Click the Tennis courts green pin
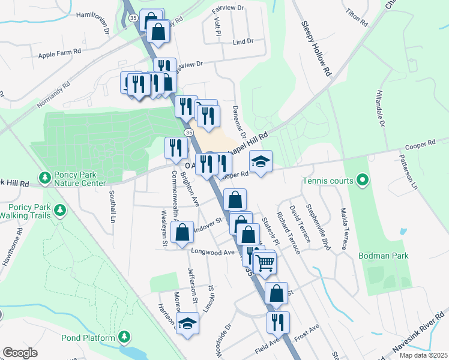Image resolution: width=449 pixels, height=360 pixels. click(x=362, y=179)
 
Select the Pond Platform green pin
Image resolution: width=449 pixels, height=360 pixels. click(x=124, y=337)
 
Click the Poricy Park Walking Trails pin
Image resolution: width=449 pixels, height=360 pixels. click(x=59, y=210)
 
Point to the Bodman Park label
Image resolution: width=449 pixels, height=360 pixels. click(x=383, y=256)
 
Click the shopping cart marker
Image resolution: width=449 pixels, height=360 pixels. click(x=264, y=262)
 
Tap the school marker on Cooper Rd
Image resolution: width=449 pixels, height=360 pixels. click(x=261, y=161)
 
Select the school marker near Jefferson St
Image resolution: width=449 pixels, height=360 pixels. click(x=188, y=323)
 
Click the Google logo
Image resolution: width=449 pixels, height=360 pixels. click(x=20, y=353)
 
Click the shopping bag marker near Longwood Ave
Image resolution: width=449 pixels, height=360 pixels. click(x=182, y=232)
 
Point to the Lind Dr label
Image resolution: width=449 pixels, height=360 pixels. click(x=243, y=42)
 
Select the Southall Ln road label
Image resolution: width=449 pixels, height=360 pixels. click(x=112, y=206)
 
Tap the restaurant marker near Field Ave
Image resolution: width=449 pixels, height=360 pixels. click(x=278, y=322)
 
